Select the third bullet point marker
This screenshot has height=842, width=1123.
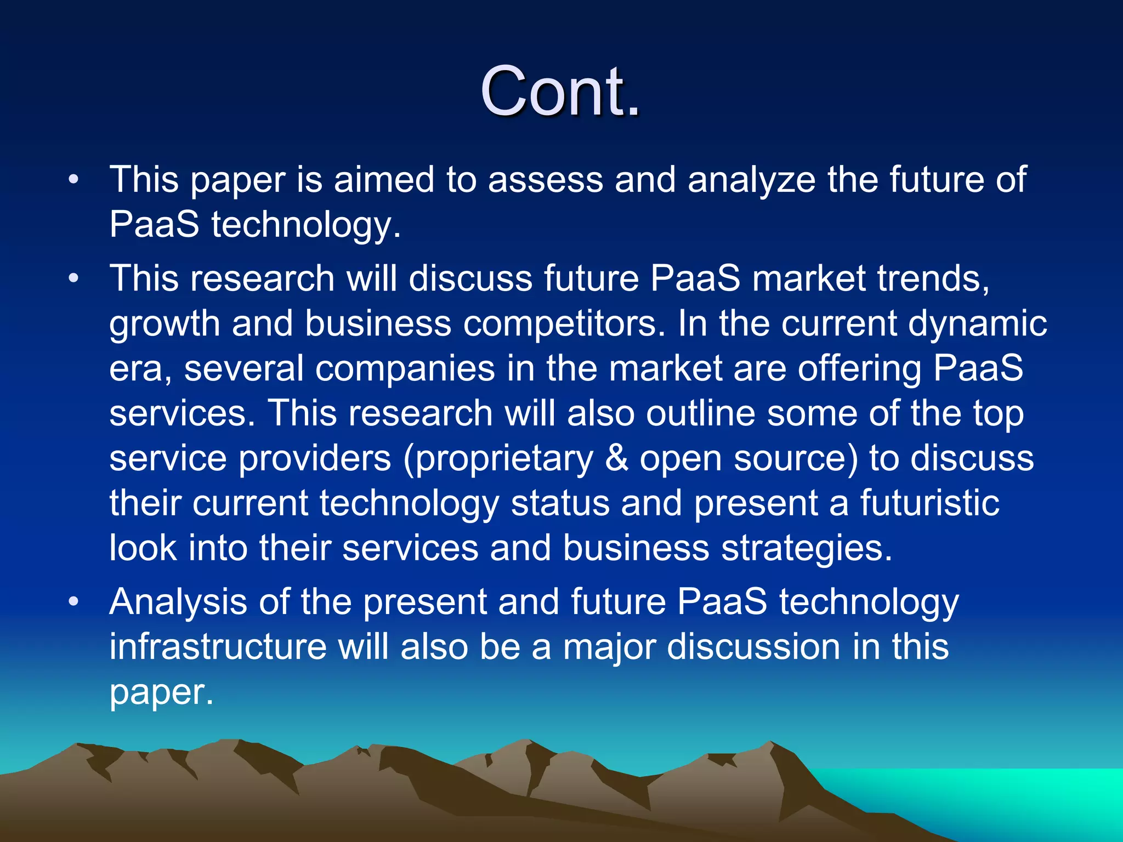point(74,602)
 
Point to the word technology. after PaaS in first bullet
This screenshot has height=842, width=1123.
point(307,225)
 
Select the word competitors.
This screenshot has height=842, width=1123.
point(564,323)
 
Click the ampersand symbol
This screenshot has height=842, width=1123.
point(617,458)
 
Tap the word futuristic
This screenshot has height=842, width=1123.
point(929,503)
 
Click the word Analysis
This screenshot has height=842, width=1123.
point(178,602)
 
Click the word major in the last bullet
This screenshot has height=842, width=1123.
point(609,647)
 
